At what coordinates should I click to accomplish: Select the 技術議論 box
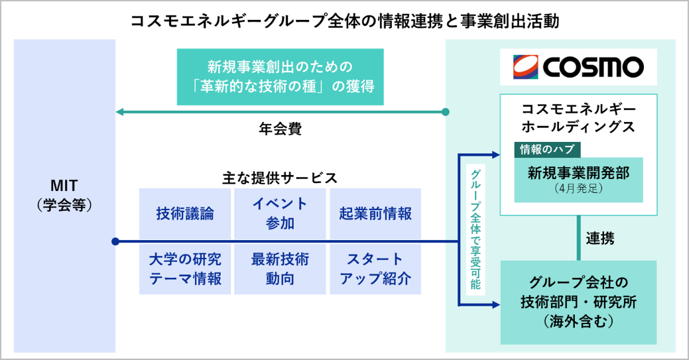[x=185, y=213]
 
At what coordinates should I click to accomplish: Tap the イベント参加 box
[x=280, y=213]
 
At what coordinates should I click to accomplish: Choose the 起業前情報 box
[x=375, y=213]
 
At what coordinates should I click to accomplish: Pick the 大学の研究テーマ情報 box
[x=185, y=269]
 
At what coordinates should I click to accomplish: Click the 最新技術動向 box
[x=280, y=269]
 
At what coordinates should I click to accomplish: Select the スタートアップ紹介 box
[x=375, y=269]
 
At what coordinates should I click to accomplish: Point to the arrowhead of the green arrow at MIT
[x=120, y=112]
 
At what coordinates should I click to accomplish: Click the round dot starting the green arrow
[x=446, y=112]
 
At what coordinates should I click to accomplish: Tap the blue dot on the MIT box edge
[x=115, y=241]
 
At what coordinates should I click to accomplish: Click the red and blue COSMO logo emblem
[x=527, y=66]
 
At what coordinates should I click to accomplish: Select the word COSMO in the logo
[x=594, y=67]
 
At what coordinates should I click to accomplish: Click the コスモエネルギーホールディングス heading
[x=578, y=117]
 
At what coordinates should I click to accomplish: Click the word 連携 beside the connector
[x=600, y=239]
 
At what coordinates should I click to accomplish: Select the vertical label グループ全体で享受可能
[x=476, y=229]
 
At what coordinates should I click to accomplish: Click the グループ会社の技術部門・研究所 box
[x=578, y=302]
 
